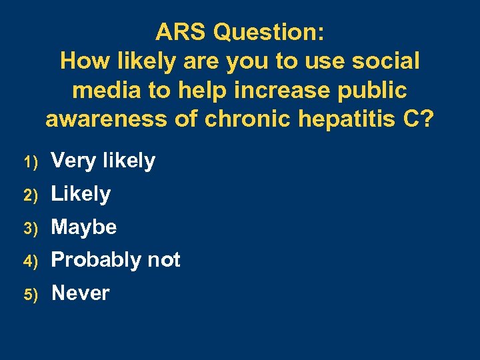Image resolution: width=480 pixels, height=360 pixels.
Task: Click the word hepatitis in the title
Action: coord(345,119)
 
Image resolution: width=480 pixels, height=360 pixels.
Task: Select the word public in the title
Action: coord(375,91)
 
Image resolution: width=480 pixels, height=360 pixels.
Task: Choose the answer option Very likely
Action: coord(103,161)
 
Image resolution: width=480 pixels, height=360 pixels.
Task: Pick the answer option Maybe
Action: coord(83,227)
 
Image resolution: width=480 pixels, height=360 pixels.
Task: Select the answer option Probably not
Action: coord(115,260)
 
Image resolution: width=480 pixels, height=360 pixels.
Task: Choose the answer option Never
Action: coord(80,293)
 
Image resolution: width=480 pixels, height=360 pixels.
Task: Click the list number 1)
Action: coord(29,162)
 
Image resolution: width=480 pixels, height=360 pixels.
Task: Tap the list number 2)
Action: coord(29,195)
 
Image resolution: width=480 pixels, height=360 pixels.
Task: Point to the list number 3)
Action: coord(29,229)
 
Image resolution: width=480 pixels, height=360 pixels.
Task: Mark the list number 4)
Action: coord(29,261)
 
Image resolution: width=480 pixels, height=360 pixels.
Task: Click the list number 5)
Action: coord(29,295)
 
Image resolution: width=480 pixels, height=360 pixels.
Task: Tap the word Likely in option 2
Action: coord(81,195)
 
